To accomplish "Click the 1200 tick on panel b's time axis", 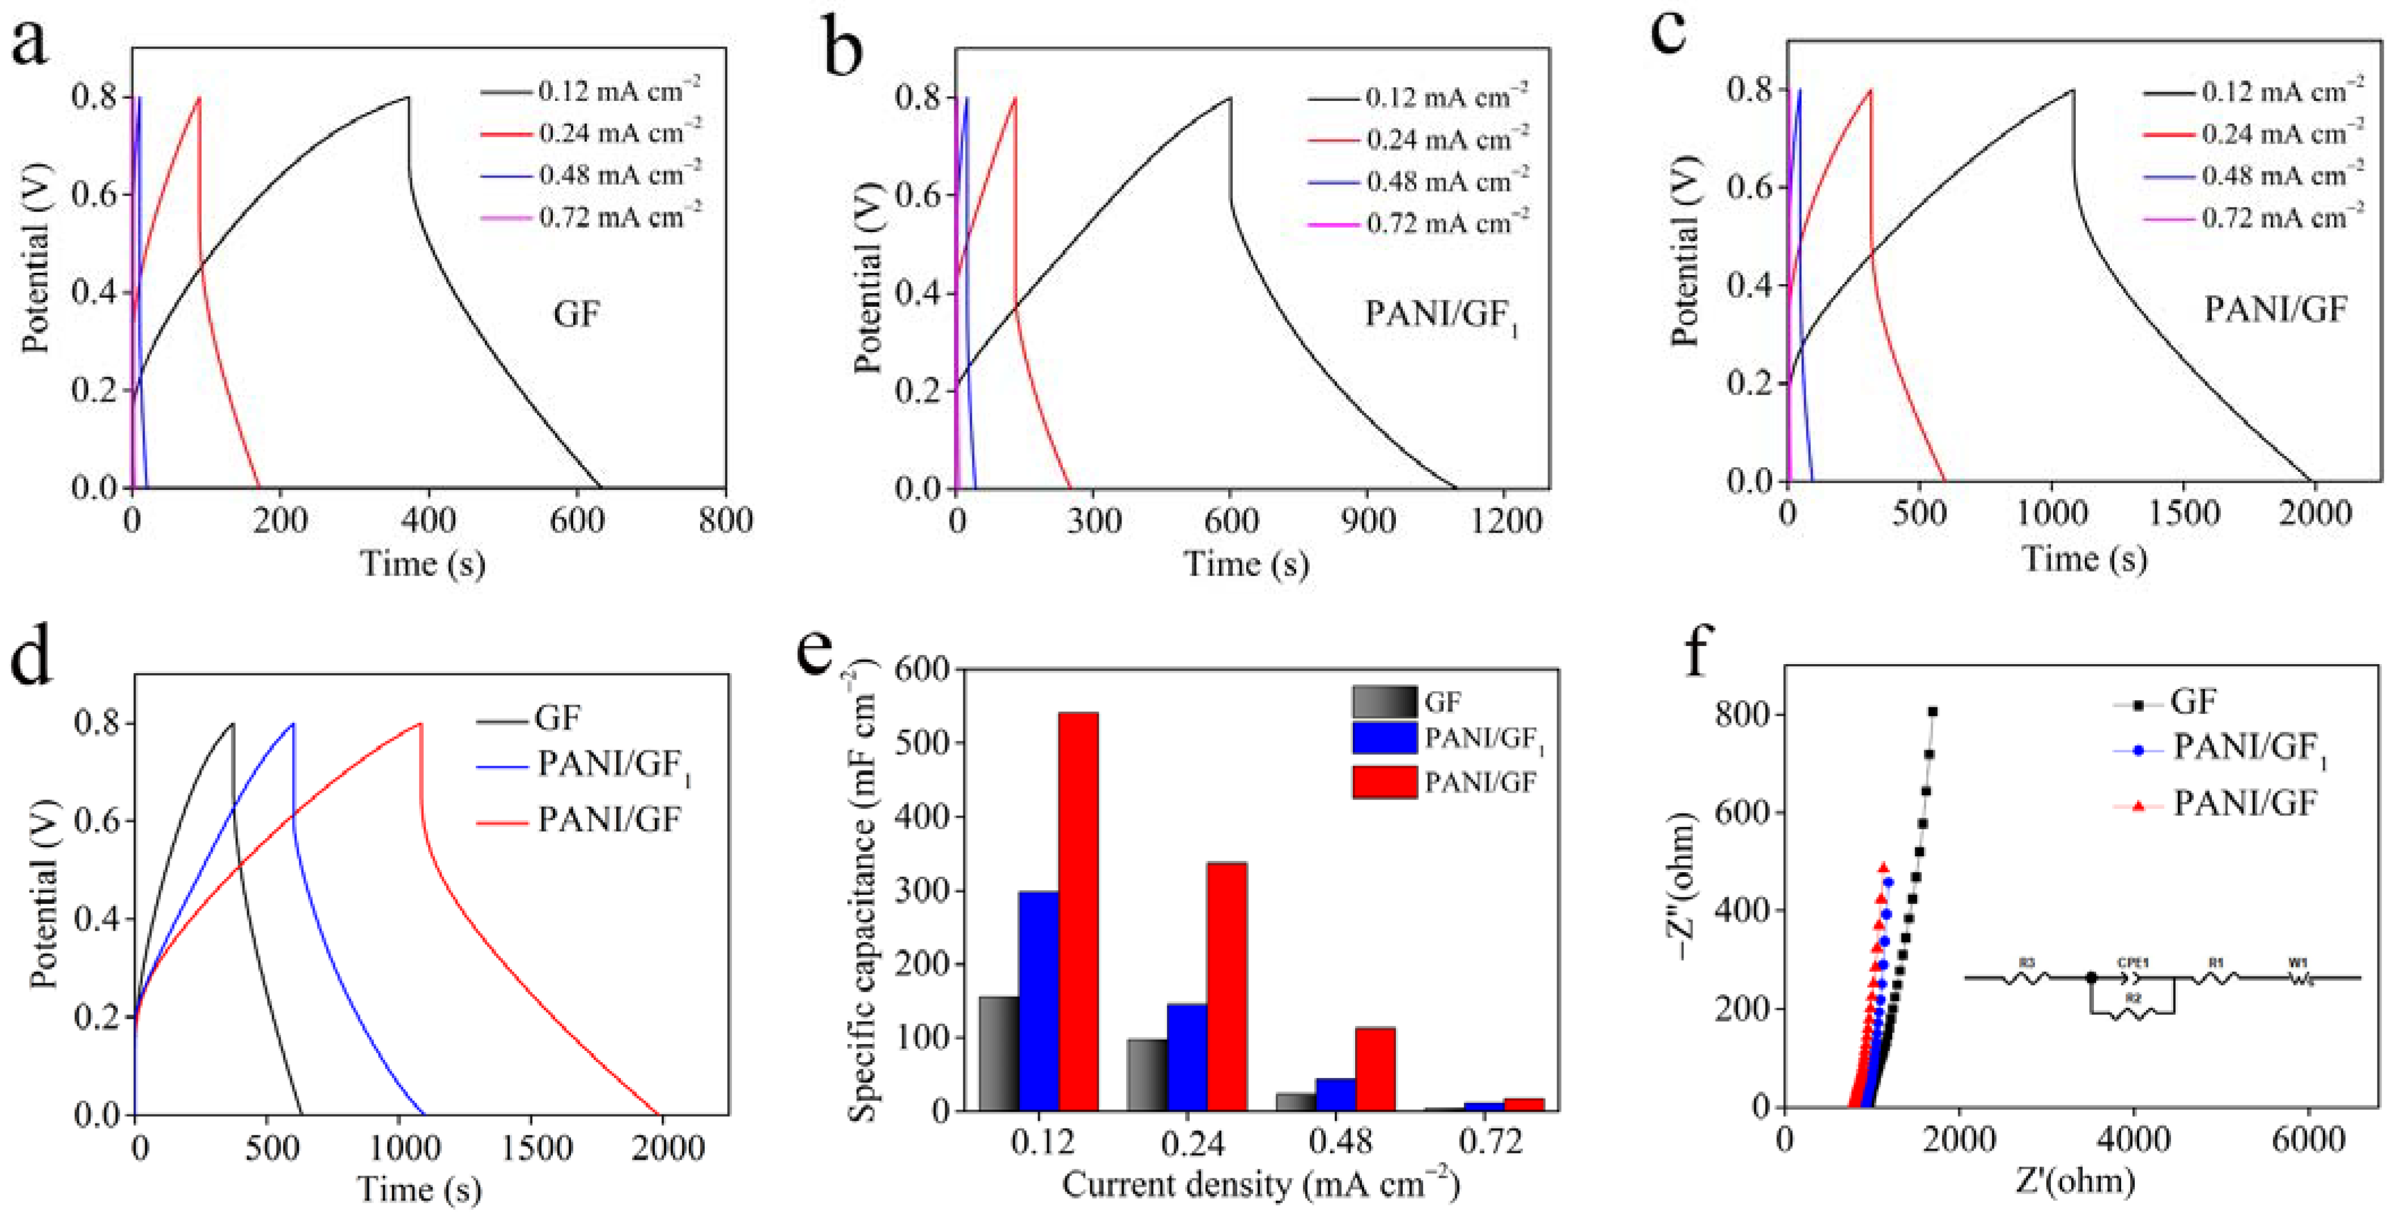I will (1505, 521).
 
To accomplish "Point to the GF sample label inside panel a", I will (577, 314).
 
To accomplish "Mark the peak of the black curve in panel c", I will (2072, 90).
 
